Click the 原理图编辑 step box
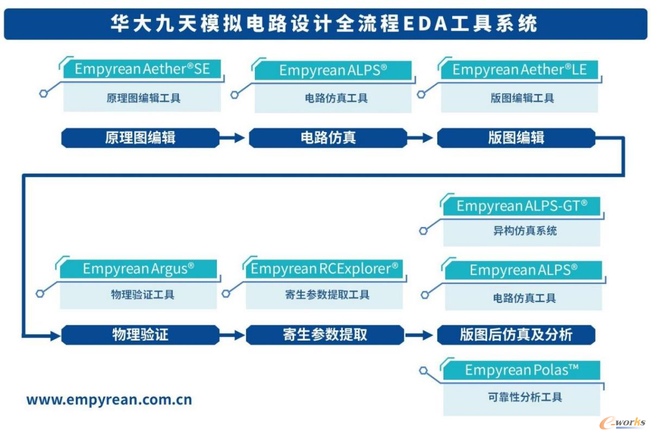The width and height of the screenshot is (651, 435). coord(140,138)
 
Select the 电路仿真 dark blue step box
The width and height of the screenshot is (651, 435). coord(328,138)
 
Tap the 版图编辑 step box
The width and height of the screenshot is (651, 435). coord(516,138)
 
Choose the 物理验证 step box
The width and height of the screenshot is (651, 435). coord(140,335)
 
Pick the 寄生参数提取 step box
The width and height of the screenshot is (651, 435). coord(325,335)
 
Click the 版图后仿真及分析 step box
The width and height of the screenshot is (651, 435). coord(516,335)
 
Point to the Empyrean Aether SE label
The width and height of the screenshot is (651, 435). coord(142,69)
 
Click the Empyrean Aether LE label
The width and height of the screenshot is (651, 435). coord(519,70)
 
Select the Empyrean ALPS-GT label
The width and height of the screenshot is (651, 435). coord(522,206)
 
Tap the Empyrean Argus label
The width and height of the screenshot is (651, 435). coord(138,268)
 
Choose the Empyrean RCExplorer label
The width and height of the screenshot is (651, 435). coord(324,268)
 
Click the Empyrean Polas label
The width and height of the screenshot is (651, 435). coord(522,370)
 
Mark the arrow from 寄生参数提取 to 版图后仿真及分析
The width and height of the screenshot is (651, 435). coord(420,335)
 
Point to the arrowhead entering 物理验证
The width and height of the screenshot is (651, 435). coord(55,336)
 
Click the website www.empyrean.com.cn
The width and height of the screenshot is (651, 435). coord(109,400)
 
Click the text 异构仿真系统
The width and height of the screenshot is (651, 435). coord(522,231)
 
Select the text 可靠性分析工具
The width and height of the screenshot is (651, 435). coord(522,397)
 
